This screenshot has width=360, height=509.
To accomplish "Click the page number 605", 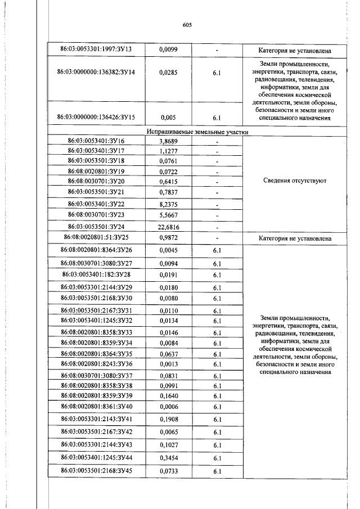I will [x=188, y=25].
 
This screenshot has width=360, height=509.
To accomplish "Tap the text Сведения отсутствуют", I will [x=294, y=181].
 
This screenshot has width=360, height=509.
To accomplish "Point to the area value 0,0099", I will [x=168, y=51].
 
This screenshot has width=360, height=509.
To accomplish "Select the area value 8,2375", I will [x=169, y=205].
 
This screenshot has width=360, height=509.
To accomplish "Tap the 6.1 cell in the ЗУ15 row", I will [x=217, y=118].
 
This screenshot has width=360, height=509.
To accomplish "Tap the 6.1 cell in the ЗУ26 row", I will [x=217, y=251].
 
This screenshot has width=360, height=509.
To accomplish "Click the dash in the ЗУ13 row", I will [x=217, y=51].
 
